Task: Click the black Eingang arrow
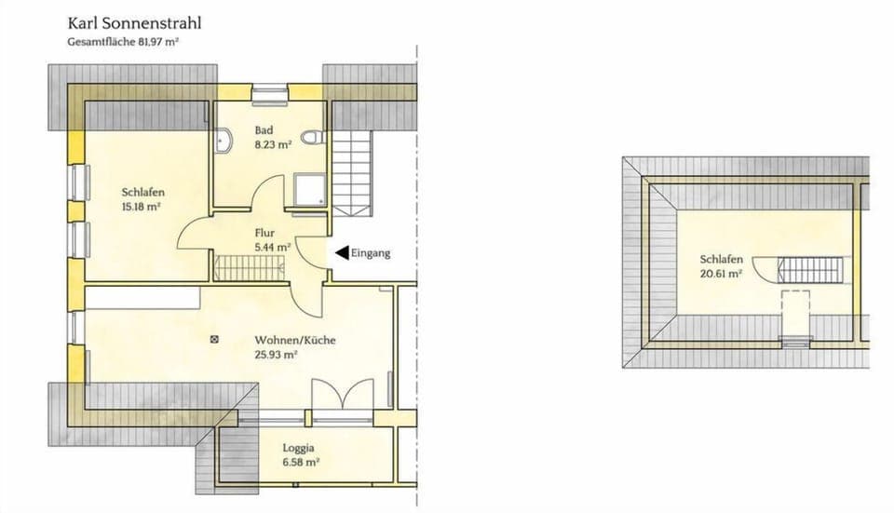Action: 342,251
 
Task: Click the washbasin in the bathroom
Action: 223,142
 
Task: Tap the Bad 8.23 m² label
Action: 273,138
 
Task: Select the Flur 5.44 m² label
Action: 272,240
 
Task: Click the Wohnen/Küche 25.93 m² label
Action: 294,347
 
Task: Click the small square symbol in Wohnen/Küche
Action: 216,340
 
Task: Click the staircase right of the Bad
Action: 353,171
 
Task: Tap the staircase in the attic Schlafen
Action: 809,270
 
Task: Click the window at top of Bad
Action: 270,90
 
